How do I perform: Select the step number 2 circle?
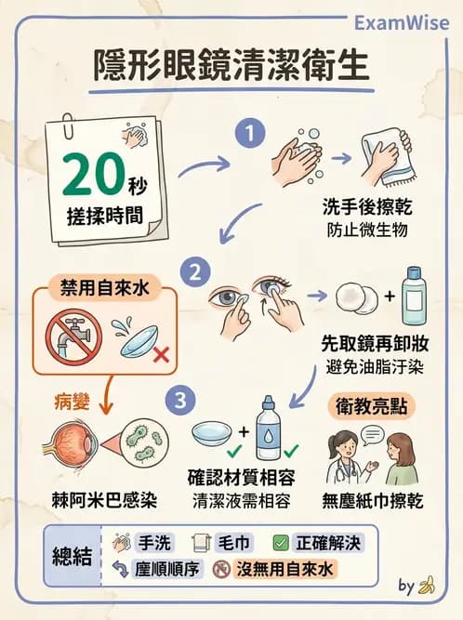click(195, 273)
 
